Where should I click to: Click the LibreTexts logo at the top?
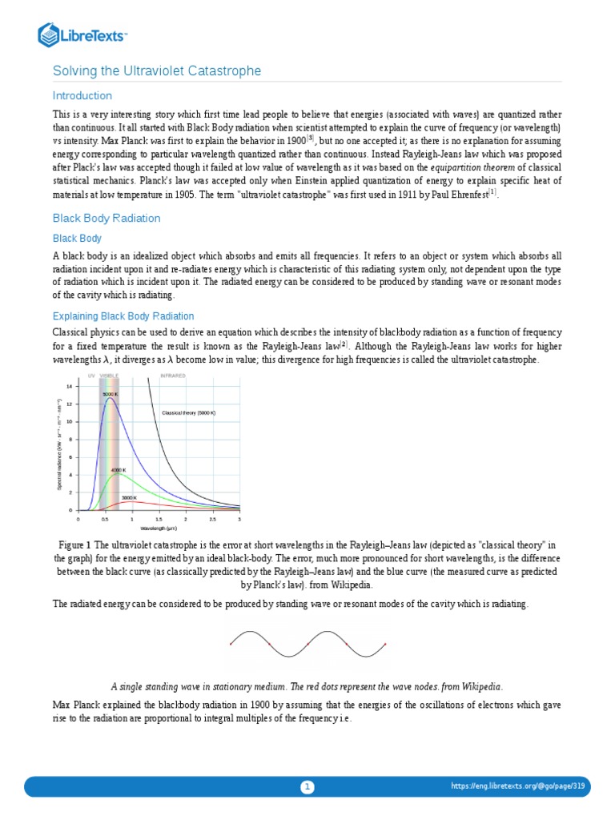[83, 34]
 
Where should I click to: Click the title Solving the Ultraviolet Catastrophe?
[157, 72]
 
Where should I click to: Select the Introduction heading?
[82, 95]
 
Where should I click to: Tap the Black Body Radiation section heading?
[107, 218]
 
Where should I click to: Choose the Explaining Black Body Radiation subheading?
[123, 316]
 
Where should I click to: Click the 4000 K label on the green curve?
[119, 469]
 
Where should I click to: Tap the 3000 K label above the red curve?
[129, 497]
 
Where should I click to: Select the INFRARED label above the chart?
[173, 376]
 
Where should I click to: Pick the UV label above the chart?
[90, 376]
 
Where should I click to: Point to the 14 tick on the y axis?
[70, 386]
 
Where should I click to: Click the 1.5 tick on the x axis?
[159, 519]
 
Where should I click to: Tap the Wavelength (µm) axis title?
[159, 529]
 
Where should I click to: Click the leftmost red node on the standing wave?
[231, 644]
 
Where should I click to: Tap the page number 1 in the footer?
[307, 786]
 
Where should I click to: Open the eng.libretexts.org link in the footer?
[518, 786]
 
